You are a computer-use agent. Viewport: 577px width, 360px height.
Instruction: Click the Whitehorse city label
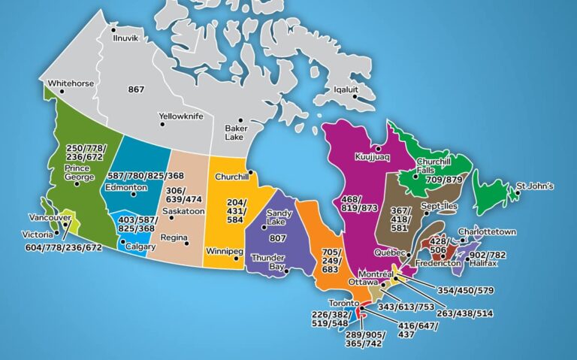click(71, 83)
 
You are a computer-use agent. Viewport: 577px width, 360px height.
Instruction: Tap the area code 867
click(136, 89)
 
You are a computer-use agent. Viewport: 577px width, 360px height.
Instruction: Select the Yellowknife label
click(181, 116)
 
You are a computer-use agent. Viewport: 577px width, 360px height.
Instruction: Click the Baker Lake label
click(236, 133)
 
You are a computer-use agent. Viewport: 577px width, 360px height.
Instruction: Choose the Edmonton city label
click(126, 187)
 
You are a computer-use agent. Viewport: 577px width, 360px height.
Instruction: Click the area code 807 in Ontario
click(278, 238)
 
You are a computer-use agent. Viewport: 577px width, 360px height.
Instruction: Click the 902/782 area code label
click(487, 255)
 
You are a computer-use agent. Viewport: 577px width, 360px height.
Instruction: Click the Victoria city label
click(38, 234)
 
